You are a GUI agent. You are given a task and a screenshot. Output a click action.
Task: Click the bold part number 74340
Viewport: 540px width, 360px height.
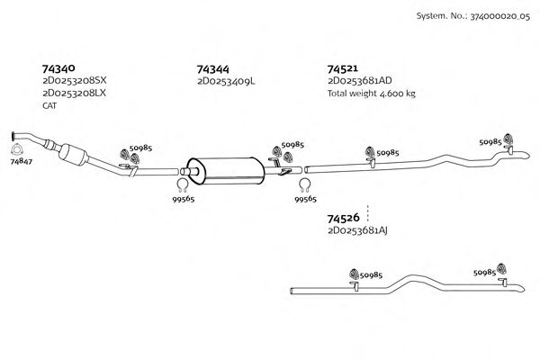pos(58,67)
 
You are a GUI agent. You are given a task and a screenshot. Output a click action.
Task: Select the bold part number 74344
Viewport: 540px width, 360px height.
pos(213,68)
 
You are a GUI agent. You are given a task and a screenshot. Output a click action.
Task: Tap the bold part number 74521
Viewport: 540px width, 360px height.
pos(343,68)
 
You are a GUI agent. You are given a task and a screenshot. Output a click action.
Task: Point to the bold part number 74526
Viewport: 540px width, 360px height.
pos(344,219)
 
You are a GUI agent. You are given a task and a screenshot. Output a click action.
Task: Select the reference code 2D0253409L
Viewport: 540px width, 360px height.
pos(226,81)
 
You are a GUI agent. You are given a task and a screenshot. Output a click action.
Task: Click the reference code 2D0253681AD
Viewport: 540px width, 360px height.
pos(360,81)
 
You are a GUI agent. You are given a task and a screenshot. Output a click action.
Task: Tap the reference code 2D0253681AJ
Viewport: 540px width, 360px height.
pos(358,231)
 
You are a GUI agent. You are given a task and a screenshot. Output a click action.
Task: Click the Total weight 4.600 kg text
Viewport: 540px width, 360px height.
pos(371,93)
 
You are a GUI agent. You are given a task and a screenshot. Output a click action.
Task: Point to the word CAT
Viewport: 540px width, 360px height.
pos(49,105)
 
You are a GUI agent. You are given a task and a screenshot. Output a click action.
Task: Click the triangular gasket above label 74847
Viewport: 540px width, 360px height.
pos(17,147)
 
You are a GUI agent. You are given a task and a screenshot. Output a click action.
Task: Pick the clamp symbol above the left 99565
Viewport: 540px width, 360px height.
pos(181,186)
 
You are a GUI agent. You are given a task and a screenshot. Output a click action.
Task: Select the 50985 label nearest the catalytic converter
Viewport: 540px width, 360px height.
pos(140,147)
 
